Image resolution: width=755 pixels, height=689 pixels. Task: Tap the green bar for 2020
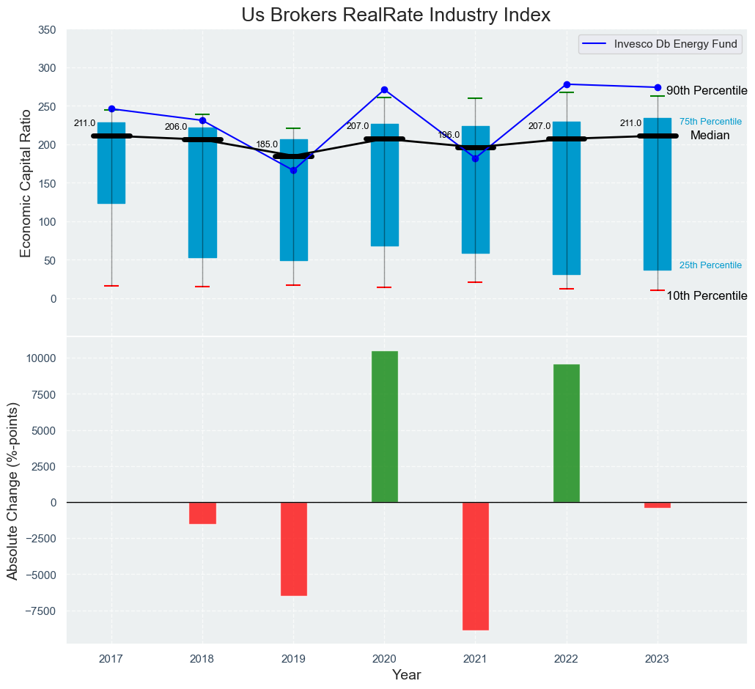(x=384, y=427)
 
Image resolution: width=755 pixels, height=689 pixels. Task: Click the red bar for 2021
(x=475, y=566)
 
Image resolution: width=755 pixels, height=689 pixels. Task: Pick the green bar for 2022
(x=566, y=433)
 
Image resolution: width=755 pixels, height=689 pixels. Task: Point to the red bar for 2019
(x=293, y=548)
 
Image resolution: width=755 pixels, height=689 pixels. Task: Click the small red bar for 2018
(x=202, y=512)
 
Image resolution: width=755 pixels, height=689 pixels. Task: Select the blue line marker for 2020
(x=384, y=89)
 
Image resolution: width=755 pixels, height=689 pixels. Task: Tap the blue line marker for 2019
(x=293, y=170)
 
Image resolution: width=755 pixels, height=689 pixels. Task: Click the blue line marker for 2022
(x=567, y=84)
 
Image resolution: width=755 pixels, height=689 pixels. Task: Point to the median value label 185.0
(x=267, y=145)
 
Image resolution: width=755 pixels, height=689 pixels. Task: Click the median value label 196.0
(x=449, y=135)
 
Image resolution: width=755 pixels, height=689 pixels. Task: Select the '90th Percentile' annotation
(x=707, y=91)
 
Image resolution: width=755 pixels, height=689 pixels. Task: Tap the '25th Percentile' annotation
(x=710, y=265)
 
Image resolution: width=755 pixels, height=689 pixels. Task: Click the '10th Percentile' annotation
(x=707, y=296)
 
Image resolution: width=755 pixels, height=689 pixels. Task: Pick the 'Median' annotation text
(x=710, y=136)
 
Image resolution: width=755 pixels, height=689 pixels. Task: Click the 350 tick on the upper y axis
(x=47, y=30)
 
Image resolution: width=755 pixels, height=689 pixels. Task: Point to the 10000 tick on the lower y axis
(x=41, y=358)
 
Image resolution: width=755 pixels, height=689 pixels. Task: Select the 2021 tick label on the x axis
(x=475, y=658)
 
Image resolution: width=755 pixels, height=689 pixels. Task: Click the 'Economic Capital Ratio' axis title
(x=26, y=183)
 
